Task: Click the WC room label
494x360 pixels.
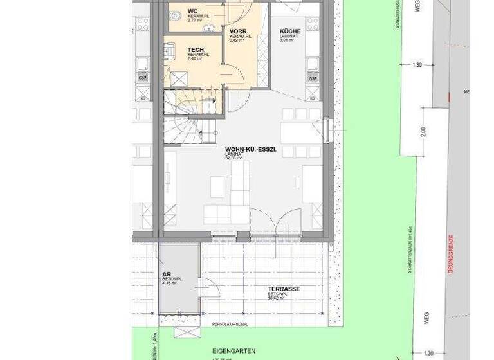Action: click(x=192, y=11)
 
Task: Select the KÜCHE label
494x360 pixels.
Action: click(x=289, y=31)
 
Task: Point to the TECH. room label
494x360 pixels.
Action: click(x=197, y=50)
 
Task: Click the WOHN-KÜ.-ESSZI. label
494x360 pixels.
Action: click(x=250, y=149)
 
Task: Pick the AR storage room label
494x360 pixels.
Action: click(x=166, y=273)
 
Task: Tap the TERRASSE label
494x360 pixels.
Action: click(x=284, y=289)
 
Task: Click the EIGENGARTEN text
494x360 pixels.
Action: click(x=235, y=351)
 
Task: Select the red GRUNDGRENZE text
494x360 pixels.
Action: click(x=450, y=253)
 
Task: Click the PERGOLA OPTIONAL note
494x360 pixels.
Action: click(x=228, y=324)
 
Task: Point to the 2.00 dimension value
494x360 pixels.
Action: click(x=423, y=130)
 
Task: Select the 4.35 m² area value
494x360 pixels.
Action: click(x=169, y=283)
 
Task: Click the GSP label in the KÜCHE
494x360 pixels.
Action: click(x=313, y=78)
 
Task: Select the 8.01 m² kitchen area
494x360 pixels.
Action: click(x=287, y=40)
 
